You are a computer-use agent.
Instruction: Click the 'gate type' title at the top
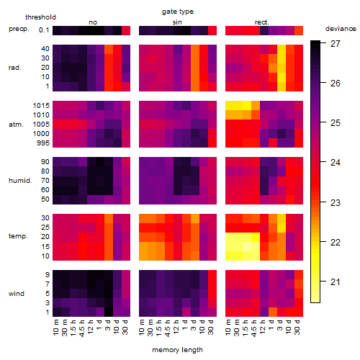[178, 12]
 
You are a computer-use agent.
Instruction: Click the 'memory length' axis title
[178, 350]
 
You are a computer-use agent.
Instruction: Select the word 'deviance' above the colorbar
[341, 29]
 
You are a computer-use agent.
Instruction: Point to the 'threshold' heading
[40, 17]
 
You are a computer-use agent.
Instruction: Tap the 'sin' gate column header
[177, 22]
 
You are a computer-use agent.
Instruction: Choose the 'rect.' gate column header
[262, 22]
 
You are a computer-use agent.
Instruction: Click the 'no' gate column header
[93, 22]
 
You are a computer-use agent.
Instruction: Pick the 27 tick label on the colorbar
[336, 44]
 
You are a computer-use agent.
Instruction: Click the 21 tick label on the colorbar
[336, 282]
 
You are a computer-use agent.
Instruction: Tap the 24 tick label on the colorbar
[336, 163]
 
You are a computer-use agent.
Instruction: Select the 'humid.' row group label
[20, 181]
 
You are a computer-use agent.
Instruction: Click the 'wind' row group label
[17, 294]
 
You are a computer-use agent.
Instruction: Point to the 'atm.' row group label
[16, 125]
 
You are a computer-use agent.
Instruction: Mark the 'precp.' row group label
[19, 29]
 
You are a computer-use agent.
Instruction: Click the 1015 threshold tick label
[41, 105]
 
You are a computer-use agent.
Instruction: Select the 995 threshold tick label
[43, 143]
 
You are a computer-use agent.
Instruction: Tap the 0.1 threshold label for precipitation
[44, 30]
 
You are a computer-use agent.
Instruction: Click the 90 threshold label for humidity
[45, 161]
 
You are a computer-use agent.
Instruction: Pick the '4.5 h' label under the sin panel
[168, 328]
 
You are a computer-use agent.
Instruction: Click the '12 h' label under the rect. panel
[263, 327]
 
